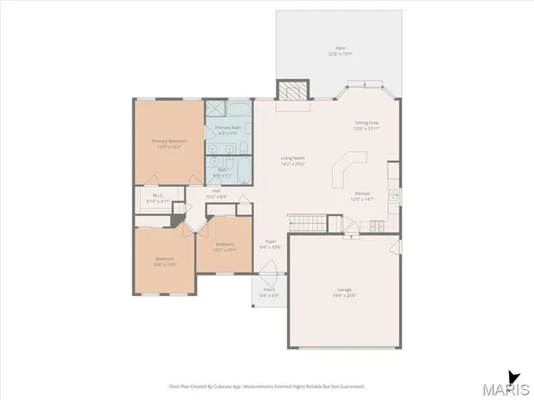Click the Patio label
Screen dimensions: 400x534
[340, 48]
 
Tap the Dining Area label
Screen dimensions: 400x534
[367, 122]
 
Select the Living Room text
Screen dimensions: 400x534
[292, 158]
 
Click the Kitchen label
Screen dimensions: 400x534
[362, 193]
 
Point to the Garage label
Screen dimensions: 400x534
[345, 289]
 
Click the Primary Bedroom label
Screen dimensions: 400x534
[169, 141]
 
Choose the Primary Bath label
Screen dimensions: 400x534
[229, 127]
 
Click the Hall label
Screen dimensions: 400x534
[216, 191]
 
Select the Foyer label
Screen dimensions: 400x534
[270, 242]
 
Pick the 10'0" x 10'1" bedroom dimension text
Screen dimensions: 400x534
[225, 249]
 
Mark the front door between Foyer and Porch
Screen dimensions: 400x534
[269, 273]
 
